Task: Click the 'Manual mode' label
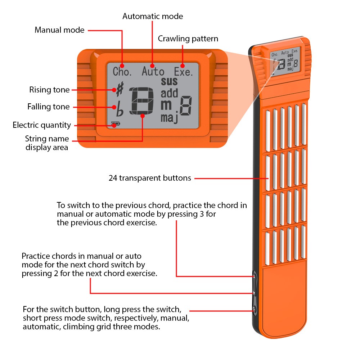click(59, 30)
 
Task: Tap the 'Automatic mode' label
click(153, 16)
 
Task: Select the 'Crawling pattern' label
click(188, 39)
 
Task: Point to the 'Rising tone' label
click(49, 90)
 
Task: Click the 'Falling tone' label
click(49, 107)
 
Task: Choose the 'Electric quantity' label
click(42, 125)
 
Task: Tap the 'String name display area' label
click(47, 143)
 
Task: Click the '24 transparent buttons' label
click(150, 178)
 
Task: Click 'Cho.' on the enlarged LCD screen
click(122, 71)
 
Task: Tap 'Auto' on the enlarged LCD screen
click(153, 71)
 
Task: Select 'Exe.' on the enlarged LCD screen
click(183, 72)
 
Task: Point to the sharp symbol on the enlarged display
click(120, 89)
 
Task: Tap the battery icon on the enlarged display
click(116, 124)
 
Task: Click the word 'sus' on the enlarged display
click(169, 81)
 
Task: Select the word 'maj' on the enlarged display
click(170, 118)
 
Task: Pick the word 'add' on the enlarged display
click(170, 93)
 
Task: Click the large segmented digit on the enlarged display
click(141, 101)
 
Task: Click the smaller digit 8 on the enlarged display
click(186, 105)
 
